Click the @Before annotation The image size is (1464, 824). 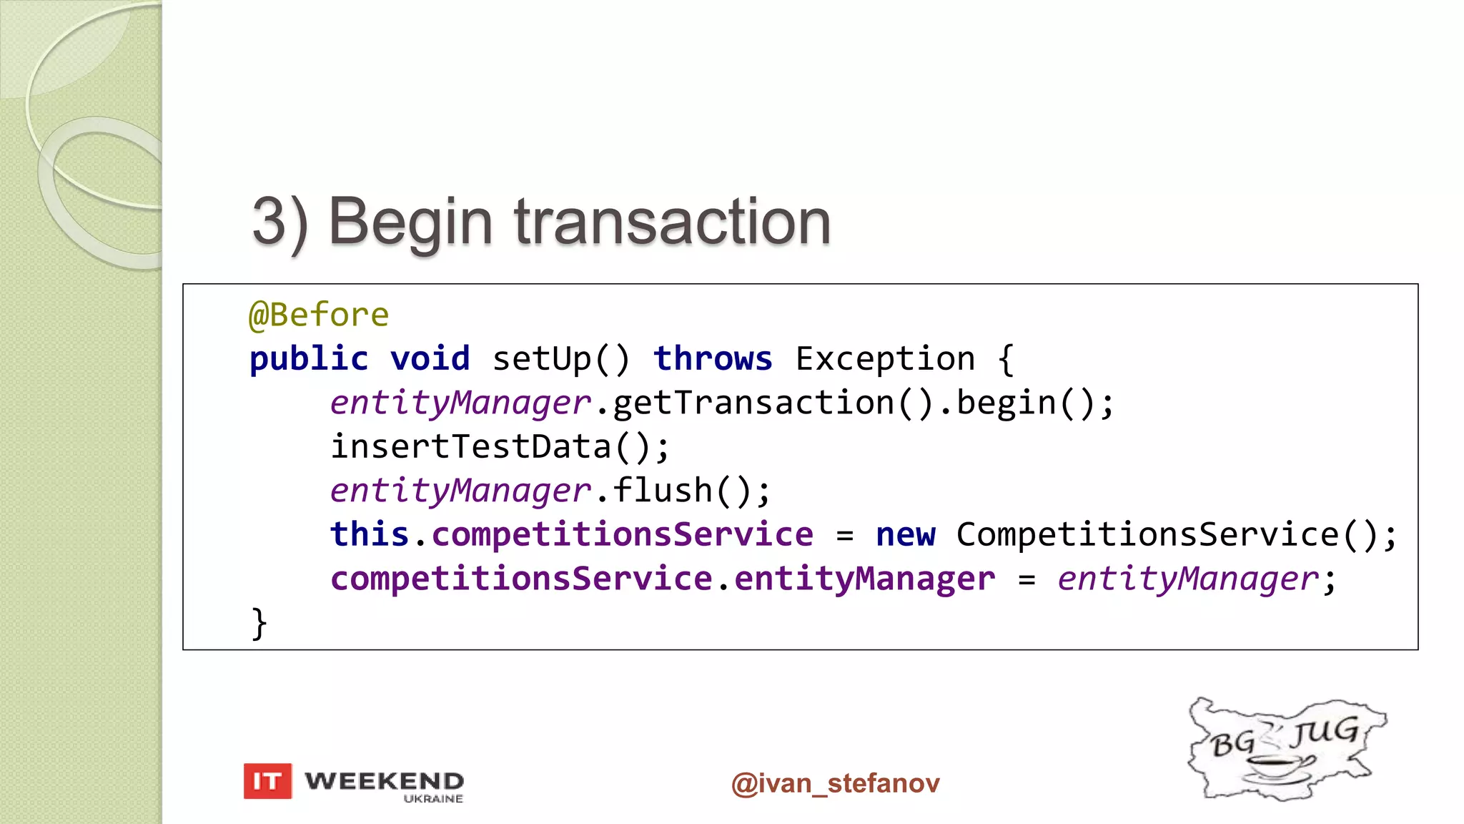click(x=319, y=315)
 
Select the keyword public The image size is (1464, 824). click(x=309, y=358)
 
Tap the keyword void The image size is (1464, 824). click(x=430, y=358)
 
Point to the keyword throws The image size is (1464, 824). click(x=713, y=358)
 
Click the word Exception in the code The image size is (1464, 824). click(x=885, y=358)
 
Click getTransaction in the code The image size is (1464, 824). click(x=753, y=403)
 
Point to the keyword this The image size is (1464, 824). click(x=369, y=534)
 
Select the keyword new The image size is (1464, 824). click(x=905, y=534)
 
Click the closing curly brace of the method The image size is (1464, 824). click(x=259, y=623)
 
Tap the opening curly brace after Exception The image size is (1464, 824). click(x=1006, y=358)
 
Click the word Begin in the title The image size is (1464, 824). click(x=410, y=222)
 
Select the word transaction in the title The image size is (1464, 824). click(x=672, y=222)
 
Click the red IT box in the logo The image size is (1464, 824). click(x=267, y=781)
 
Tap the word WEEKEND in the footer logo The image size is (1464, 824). click(x=384, y=780)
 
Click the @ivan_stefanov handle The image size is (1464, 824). click(x=835, y=783)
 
